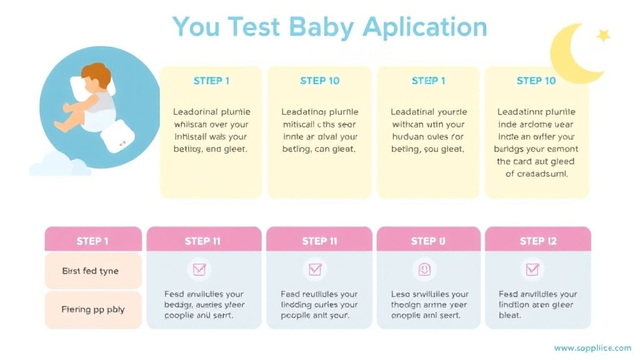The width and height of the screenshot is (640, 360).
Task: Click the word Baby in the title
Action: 321,28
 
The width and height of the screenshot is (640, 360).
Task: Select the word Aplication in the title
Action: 425,28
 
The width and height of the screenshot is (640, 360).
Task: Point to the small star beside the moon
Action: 603,36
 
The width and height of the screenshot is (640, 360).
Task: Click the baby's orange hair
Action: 97,74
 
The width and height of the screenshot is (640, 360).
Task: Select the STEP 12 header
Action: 537,241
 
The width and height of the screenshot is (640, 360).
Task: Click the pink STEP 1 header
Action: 92,241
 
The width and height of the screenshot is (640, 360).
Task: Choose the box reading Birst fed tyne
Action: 92,271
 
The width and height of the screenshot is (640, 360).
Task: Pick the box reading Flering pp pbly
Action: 92,309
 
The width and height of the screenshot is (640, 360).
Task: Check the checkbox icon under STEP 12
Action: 532,269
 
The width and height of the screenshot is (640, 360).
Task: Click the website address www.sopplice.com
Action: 592,348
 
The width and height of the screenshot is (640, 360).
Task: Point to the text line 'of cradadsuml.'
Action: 536,174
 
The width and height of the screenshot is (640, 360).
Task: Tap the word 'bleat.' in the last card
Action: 510,316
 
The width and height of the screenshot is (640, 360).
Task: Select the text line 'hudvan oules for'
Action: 428,137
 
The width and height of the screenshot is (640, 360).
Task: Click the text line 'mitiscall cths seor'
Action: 319,125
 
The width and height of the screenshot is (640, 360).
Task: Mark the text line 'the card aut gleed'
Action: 536,161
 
